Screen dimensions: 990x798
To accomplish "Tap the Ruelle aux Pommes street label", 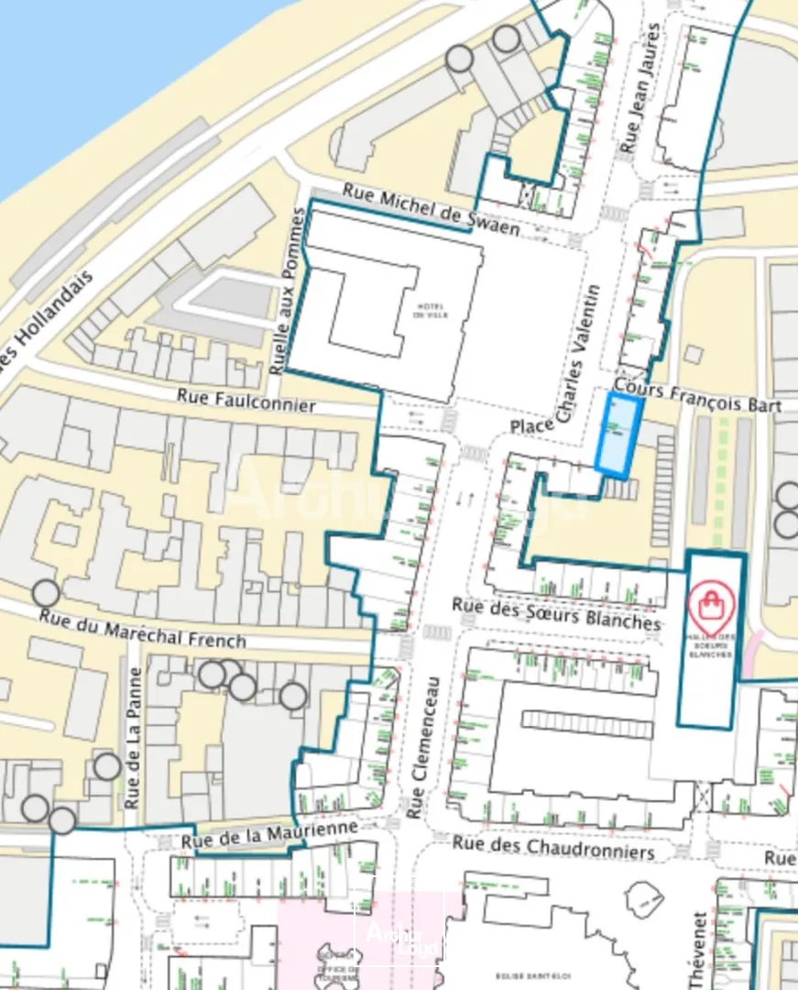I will [288, 291].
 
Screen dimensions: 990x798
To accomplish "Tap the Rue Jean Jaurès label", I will [639, 88].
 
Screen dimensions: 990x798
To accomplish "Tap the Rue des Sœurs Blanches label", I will [556, 613].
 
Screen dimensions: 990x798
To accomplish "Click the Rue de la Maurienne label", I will [268, 834].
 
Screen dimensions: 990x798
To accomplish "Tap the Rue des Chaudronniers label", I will [554, 847].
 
